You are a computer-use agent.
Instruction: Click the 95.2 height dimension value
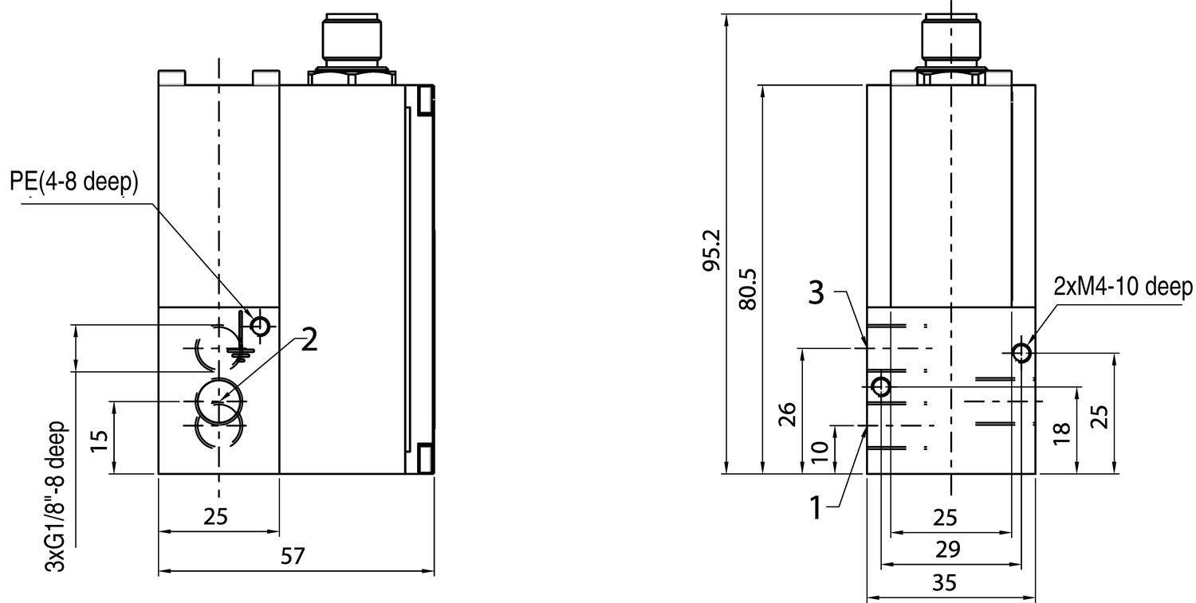pyautogui.click(x=712, y=250)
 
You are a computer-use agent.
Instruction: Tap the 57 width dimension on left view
pyautogui.click(x=293, y=556)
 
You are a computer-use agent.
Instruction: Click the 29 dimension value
pyautogui.click(x=946, y=550)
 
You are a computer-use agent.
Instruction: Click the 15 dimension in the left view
pyautogui.click(x=100, y=439)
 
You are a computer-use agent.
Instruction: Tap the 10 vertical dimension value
pyautogui.click(x=819, y=452)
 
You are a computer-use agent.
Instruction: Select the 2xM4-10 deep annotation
pyautogui.click(x=1123, y=288)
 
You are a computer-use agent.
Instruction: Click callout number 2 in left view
pyautogui.click(x=309, y=341)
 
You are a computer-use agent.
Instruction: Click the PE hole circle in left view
pyautogui.click(x=260, y=325)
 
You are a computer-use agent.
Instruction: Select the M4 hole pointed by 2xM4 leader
pyautogui.click(x=1022, y=352)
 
